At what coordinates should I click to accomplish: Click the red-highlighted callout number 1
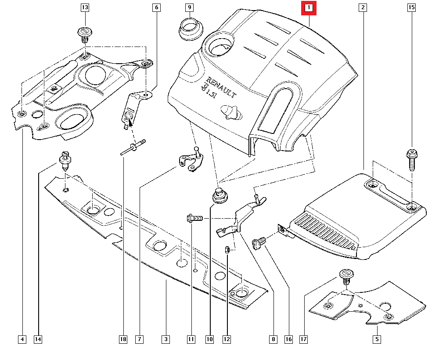[309, 8]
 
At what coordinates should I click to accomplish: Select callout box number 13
[85, 7]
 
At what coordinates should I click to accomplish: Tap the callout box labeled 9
[190, 7]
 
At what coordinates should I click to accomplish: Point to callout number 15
[411, 7]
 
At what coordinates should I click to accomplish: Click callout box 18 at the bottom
[123, 339]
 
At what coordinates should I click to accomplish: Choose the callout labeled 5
[377, 339]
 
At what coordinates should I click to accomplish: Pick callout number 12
[227, 339]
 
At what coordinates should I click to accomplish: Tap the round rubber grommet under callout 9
[191, 29]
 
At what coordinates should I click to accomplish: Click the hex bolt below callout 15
[412, 160]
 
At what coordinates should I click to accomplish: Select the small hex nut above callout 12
[227, 249]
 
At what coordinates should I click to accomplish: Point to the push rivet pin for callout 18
[133, 147]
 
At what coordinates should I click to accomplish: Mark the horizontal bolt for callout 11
[194, 218]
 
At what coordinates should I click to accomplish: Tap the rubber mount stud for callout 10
[220, 196]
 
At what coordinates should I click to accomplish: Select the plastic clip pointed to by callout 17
[347, 277]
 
